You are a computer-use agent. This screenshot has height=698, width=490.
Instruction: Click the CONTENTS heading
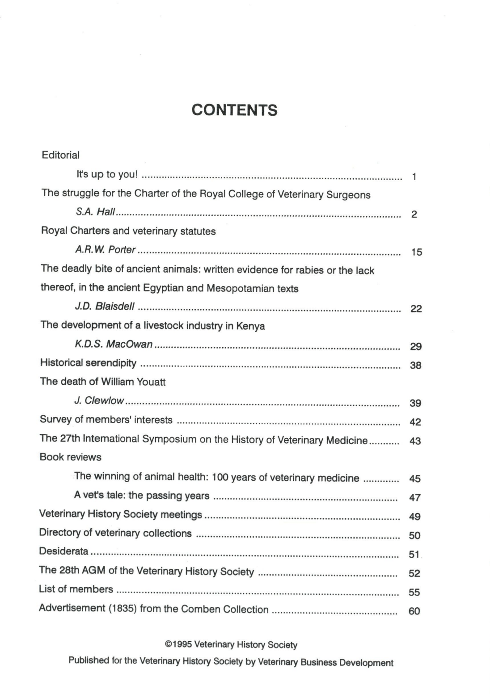234,110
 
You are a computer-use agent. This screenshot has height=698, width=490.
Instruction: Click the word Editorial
60,155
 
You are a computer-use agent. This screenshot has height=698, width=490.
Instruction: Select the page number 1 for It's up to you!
414,177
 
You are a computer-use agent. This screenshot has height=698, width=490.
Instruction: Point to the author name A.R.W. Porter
106,250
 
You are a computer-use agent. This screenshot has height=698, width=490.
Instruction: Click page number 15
416,252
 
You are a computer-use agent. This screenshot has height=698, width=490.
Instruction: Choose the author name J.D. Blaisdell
105,307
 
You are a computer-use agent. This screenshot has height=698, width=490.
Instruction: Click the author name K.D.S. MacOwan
114,345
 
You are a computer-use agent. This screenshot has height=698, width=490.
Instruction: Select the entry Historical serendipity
88,363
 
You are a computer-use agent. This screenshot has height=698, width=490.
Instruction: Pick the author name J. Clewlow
99,401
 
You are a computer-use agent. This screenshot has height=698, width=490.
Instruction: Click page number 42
415,422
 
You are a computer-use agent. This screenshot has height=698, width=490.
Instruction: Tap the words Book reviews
71,457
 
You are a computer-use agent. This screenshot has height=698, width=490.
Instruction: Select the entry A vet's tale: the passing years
142,495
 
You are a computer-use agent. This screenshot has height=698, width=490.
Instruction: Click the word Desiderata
63,551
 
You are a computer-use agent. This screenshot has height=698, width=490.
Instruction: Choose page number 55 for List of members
414,593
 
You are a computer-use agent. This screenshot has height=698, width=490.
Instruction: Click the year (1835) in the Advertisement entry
123,609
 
